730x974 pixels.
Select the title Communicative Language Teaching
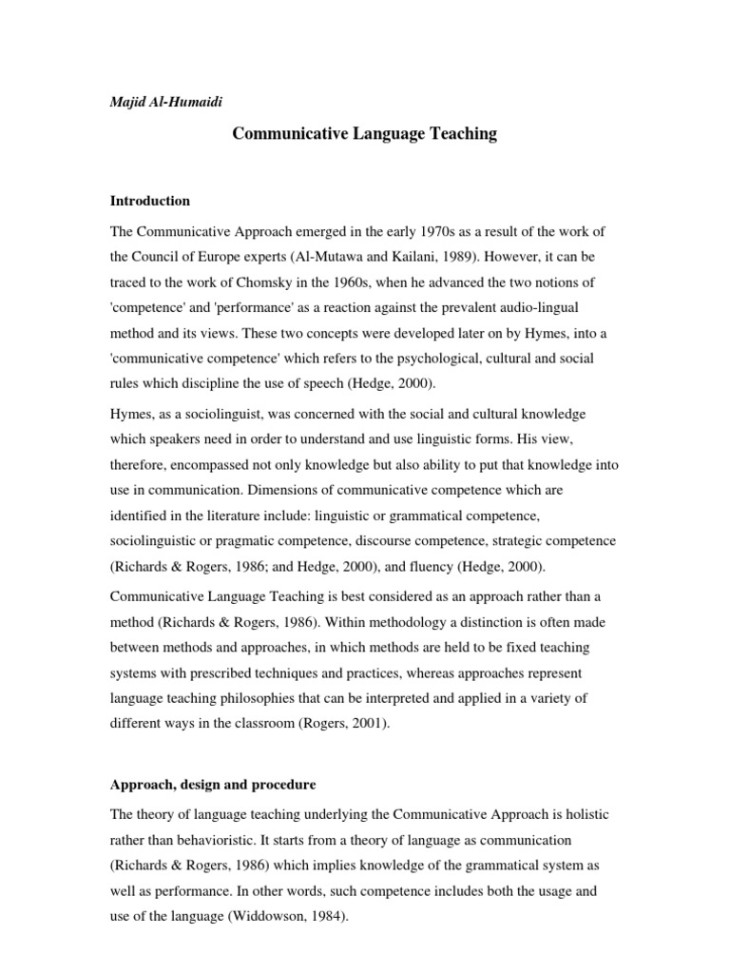tap(365, 134)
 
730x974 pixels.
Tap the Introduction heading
tap(150, 202)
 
